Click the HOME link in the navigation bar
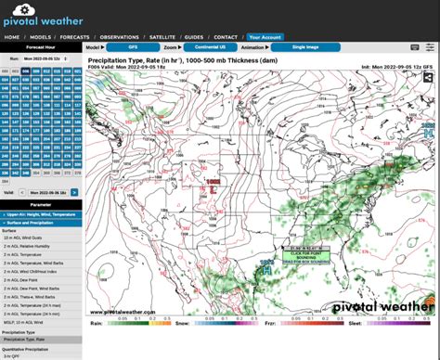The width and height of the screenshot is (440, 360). [12, 37]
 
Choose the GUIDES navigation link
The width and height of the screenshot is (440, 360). [193, 37]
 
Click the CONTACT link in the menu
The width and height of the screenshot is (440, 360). [226, 37]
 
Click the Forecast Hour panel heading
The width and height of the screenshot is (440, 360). [40, 45]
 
